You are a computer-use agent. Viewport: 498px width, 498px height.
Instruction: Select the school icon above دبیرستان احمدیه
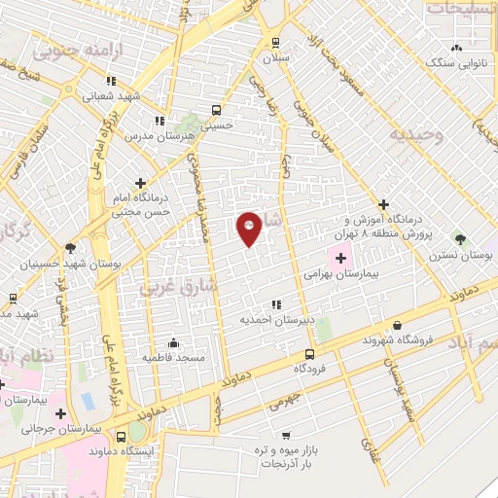coord(276,302)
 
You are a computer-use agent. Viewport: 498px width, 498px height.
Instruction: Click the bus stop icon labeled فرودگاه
coord(309,354)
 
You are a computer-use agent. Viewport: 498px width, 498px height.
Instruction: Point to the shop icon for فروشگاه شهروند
coord(397,325)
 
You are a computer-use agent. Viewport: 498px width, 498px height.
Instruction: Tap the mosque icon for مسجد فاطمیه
coord(173,341)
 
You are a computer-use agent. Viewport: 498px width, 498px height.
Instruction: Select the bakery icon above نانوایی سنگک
coord(454,47)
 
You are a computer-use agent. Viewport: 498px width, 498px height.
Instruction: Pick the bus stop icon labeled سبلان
coord(276,42)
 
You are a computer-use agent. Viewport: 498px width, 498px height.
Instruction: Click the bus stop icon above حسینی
coord(215,109)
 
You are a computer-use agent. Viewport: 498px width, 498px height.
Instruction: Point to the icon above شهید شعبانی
coord(111,81)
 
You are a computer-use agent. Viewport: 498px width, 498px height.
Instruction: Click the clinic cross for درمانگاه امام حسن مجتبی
coord(141,182)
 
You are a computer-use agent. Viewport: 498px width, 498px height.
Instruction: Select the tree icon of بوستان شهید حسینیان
coord(69,248)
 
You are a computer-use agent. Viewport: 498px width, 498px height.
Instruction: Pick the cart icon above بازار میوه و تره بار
coord(285,435)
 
